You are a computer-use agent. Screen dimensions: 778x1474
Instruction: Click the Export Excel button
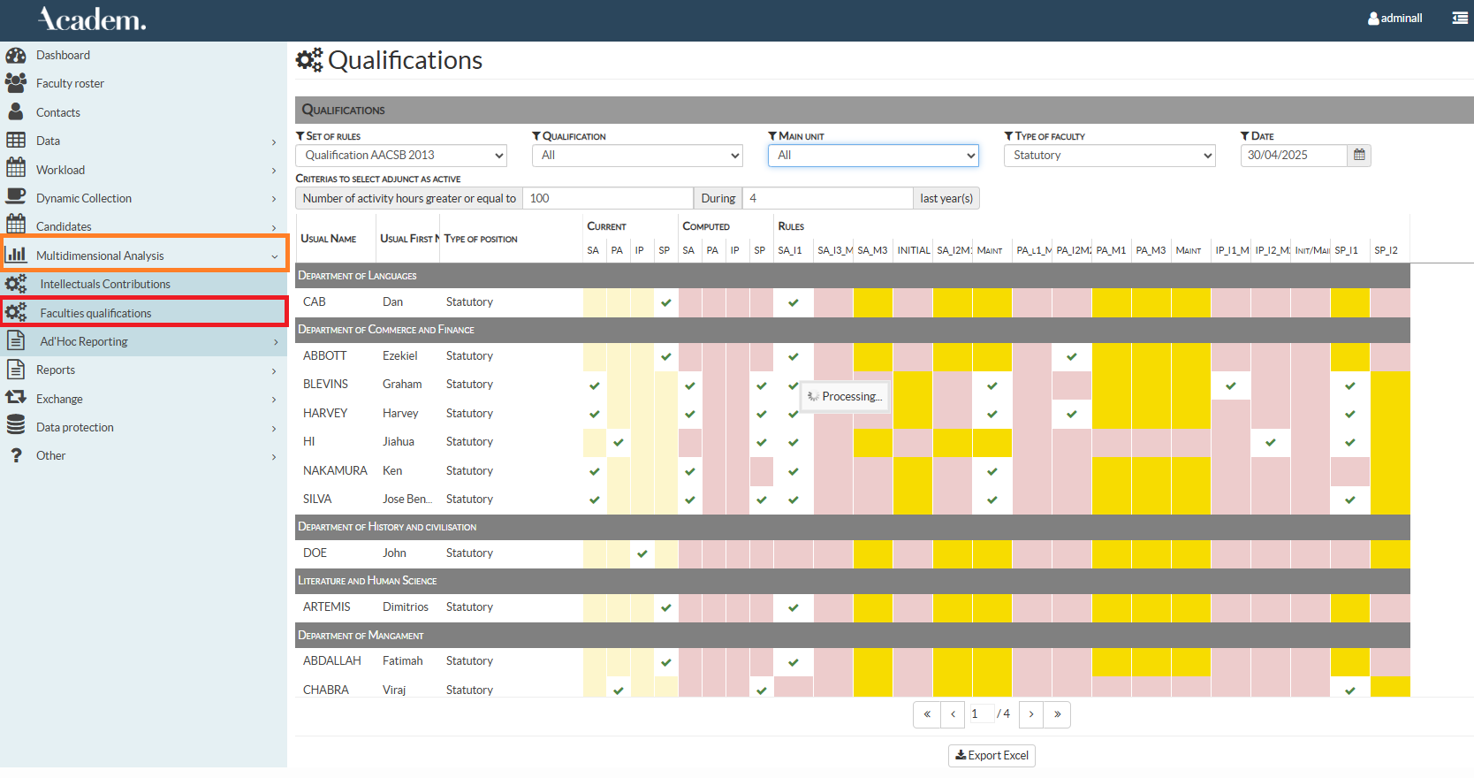coord(992,756)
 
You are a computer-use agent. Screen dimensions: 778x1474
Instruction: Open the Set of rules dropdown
coord(401,156)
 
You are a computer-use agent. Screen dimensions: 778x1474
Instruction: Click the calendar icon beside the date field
coord(1359,156)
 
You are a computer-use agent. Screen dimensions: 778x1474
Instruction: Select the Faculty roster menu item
coord(70,84)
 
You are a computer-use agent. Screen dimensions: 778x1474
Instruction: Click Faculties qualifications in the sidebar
coord(95,313)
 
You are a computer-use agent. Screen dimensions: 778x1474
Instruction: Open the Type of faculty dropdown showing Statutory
coord(1109,156)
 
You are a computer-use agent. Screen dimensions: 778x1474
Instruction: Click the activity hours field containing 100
coord(607,198)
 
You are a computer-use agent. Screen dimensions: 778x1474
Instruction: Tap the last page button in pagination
coord(1057,714)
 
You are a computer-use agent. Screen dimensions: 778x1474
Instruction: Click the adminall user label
coord(1401,19)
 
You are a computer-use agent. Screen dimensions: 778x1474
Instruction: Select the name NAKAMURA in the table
coord(335,471)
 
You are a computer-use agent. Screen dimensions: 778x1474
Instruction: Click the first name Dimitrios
coord(405,607)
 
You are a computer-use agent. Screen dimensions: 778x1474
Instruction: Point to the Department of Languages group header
coord(357,276)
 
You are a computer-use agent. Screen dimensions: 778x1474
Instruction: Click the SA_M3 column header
coord(872,251)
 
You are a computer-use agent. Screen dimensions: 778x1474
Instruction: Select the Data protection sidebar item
coord(75,428)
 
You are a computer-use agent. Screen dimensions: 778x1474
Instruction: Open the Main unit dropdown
coord(873,156)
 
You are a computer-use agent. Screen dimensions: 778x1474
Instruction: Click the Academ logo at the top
coord(92,19)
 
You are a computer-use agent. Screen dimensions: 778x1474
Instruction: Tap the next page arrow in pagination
coord(1030,714)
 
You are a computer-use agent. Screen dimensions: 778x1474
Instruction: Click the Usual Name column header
coord(329,239)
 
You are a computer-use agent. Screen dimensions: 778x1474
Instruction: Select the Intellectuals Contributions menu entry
coord(105,285)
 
